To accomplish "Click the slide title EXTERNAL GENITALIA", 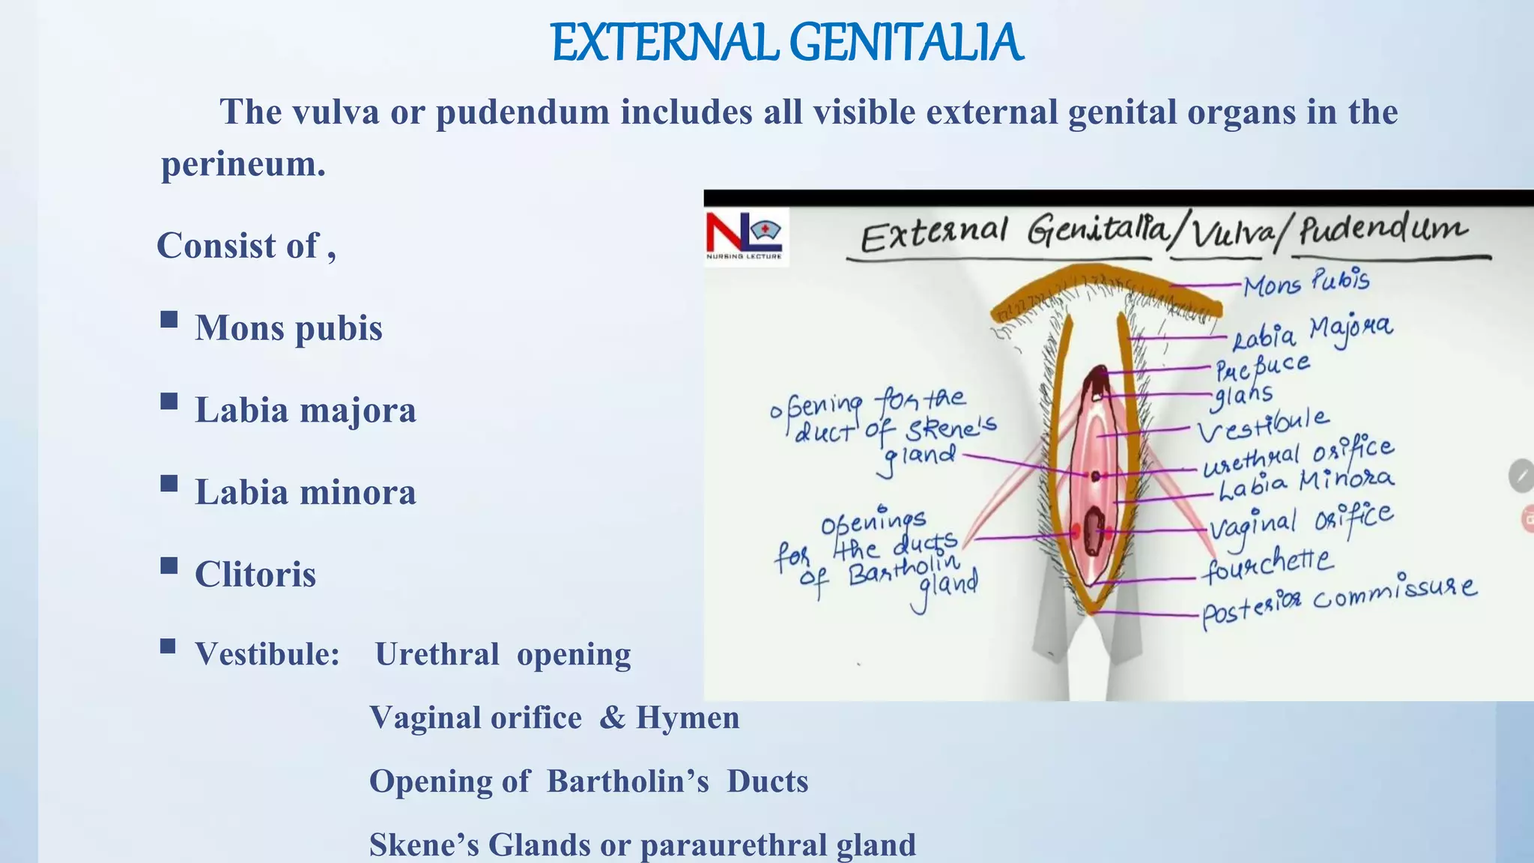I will tap(786, 43).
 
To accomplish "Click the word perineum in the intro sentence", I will tap(243, 164).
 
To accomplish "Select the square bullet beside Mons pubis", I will tap(169, 320).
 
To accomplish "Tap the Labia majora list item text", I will tap(305, 411).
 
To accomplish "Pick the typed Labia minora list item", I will tap(305, 493).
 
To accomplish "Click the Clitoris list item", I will tap(255, 575).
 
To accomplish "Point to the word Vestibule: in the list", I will tap(267, 654).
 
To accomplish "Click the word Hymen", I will tap(687, 718).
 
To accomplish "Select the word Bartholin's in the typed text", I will tap(628, 781).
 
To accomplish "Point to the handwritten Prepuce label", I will tap(1262, 366).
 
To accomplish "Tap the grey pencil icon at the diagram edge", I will tap(1521, 476).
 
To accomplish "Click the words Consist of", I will tap(239, 246).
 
